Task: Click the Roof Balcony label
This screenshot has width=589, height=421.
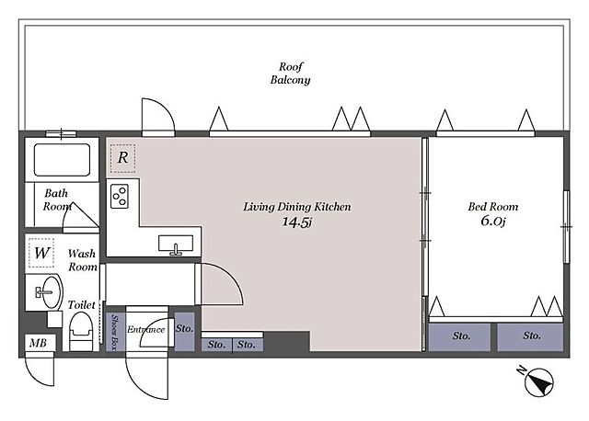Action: click(x=291, y=74)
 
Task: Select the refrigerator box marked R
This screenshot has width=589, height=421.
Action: click(x=122, y=158)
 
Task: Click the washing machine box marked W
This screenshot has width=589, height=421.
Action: click(x=41, y=253)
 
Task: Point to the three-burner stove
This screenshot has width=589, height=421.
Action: click(x=120, y=196)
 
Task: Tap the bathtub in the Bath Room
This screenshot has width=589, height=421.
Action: click(x=62, y=160)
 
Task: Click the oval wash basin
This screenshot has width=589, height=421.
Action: click(x=52, y=292)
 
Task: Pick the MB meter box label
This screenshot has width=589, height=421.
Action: click(x=38, y=343)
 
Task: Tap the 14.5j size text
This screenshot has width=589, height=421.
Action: click(x=297, y=222)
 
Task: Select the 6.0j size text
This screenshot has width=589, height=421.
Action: click(x=493, y=221)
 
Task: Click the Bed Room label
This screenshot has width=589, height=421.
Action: click(x=493, y=207)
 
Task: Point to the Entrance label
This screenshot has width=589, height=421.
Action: click(x=145, y=330)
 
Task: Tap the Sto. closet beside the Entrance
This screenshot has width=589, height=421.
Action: click(x=184, y=332)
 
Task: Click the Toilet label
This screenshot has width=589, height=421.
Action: click(x=82, y=304)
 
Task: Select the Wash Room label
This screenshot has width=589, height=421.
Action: click(x=82, y=260)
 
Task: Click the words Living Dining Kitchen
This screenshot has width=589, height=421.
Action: click(x=297, y=207)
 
